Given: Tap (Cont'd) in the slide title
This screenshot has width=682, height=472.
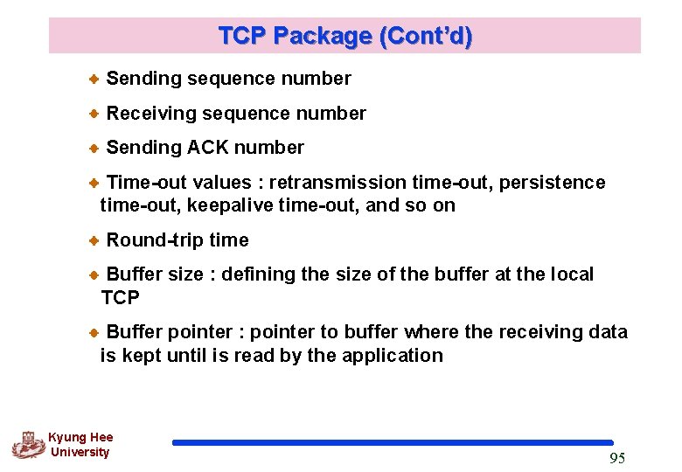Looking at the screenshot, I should [424, 36].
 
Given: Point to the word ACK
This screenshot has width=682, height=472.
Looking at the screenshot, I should [208, 147].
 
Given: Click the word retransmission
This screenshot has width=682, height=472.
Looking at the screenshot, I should [338, 182].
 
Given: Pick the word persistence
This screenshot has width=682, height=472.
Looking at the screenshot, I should [553, 182].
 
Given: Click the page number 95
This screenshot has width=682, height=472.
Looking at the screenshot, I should [616, 459].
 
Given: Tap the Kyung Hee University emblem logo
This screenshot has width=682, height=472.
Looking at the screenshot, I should [28, 445].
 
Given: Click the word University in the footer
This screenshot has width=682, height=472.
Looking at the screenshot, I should [80, 452].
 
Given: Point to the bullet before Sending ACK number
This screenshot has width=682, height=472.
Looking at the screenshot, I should [94, 148].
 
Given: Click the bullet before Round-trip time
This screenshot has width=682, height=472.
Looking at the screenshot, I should [94, 240].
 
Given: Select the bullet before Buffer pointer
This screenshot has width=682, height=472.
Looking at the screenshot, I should [94, 333].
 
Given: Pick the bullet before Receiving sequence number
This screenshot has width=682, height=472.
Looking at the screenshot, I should [94, 114].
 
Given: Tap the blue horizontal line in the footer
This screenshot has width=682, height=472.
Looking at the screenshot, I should [393, 442].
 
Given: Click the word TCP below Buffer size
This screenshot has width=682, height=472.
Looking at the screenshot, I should [120, 298].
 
